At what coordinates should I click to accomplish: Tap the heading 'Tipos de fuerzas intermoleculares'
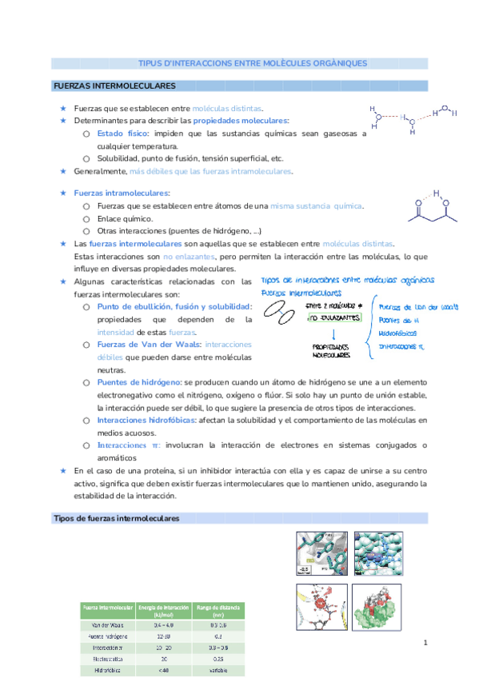click(116, 518)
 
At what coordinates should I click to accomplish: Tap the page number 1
click(425, 643)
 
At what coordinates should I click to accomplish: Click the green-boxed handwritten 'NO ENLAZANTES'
click(335, 317)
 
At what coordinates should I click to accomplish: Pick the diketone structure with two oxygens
click(432, 208)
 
